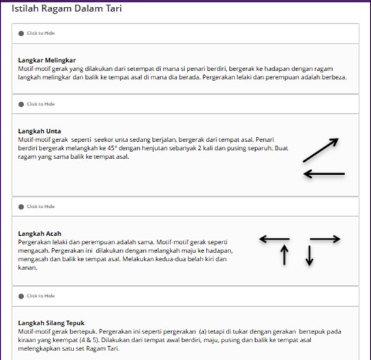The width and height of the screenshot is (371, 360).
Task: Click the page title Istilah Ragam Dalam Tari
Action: click(x=67, y=8)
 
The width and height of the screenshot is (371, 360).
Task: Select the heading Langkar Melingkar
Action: click(x=47, y=60)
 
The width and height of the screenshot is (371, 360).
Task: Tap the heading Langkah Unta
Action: click(x=40, y=131)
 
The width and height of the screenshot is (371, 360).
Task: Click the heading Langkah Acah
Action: click(x=40, y=234)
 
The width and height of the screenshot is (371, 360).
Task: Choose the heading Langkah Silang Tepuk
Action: click(x=51, y=323)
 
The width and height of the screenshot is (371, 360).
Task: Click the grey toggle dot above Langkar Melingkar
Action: click(x=21, y=33)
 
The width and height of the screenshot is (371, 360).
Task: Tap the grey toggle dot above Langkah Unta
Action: click(x=21, y=104)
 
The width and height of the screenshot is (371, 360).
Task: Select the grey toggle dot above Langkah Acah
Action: click(x=21, y=207)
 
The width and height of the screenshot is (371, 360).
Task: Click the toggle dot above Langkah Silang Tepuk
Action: click(x=21, y=296)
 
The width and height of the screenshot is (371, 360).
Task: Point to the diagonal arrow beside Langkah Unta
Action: click(x=321, y=150)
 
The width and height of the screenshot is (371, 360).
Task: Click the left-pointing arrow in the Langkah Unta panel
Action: click(x=324, y=174)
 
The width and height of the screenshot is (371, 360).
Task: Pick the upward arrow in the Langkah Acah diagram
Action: click(x=284, y=254)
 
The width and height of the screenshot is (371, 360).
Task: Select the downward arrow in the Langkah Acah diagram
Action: click(x=310, y=256)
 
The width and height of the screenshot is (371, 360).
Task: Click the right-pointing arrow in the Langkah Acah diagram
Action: click(x=325, y=239)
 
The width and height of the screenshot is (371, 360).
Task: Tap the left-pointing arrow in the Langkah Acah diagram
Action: click(x=274, y=239)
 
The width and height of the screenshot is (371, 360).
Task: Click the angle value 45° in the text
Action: click(x=112, y=149)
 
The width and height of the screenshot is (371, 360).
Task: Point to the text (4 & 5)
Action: click(x=87, y=340)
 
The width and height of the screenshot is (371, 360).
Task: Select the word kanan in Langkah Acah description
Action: click(x=27, y=268)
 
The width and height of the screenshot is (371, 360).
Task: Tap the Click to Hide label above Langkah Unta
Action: click(x=41, y=104)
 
